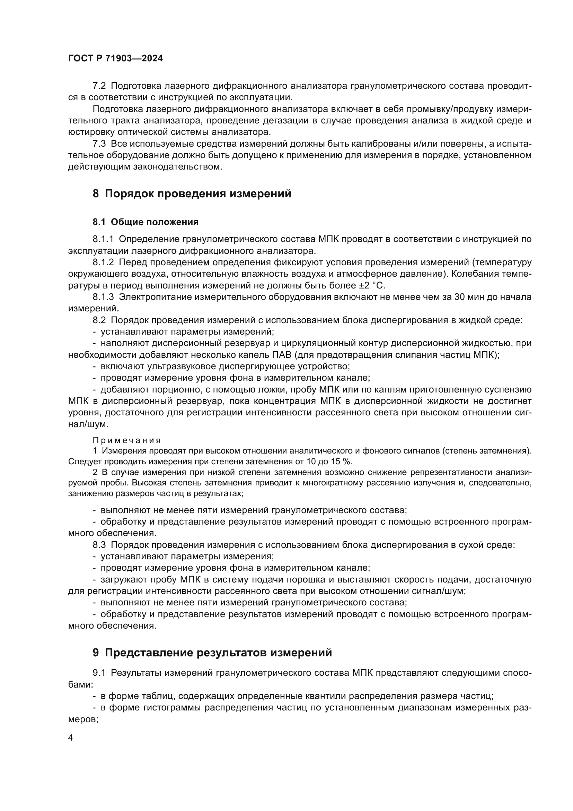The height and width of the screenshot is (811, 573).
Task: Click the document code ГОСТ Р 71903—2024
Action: click(115, 59)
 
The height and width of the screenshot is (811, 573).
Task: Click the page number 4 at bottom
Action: click(70, 738)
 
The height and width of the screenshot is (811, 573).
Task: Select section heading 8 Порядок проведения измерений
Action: click(192, 193)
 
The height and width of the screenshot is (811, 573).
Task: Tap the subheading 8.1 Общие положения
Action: click(146, 222)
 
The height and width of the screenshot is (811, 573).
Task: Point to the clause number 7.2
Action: click(99, 86)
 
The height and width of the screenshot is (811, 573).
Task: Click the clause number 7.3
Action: click(99, 144)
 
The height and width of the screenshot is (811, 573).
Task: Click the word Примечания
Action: click(127, 440)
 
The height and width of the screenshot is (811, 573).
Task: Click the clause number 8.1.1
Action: click(103, 239)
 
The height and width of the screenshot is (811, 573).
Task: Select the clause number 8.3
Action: click(99, 545)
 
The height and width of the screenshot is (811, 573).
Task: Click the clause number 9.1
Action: click(99, 673)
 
